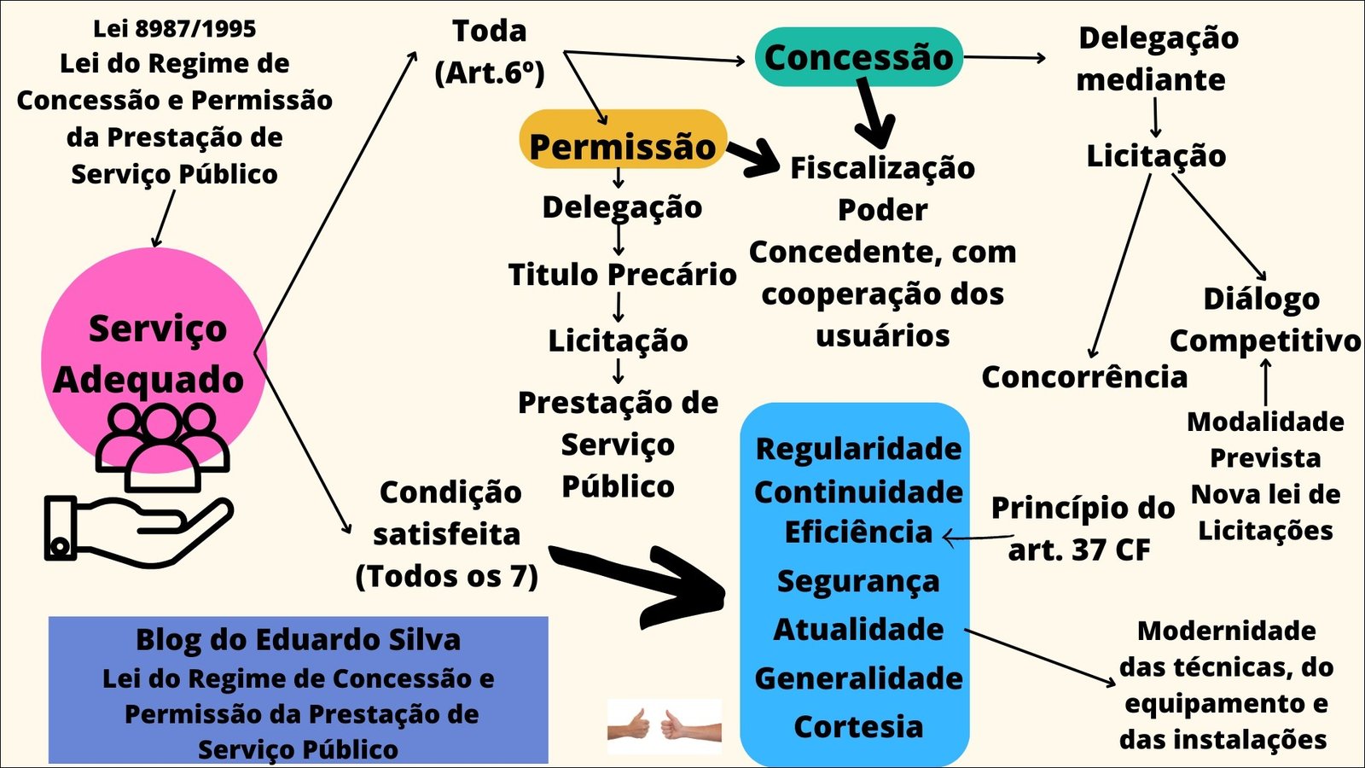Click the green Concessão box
click(x=858, y=57)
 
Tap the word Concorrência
click(x=1083, y=376)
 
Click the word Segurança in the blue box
click(x=858, y=581)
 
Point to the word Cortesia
click(x=858, y=726)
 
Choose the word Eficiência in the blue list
click(x=858, y=532)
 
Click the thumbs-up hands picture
click(x=664, y=726)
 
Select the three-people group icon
click(x=161, y=444)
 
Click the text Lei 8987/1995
click(x=174, y=28)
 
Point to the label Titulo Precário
click(x=622, y=274)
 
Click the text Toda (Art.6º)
click(x=490, y=51)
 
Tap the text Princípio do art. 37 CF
click(x=1082, y=528)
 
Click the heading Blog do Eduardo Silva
click(x=298, y=639)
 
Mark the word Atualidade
click(x=858, y=629)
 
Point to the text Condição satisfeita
click(x=449, y=513)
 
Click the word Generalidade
click(x=858, y=678)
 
